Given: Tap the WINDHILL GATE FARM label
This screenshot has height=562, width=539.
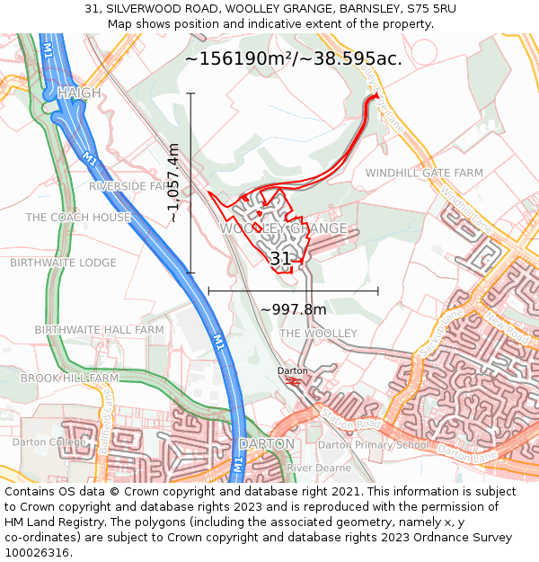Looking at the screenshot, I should pyautogui.click(x=424, y=173).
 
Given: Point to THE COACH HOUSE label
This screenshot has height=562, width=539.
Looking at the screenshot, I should pyautogui.click(x=78, y=218).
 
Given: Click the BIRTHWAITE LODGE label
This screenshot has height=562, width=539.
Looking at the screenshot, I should pyautogui.click(x=63, y=263).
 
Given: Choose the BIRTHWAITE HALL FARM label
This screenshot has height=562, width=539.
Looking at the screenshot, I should pyautogui.click(x=99, y=330).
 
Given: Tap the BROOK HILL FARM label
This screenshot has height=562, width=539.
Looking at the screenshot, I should pyautogui.click(x=70, y=378).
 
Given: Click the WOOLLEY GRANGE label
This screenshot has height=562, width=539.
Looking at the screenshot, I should pyautogui.click(x=284, y=228).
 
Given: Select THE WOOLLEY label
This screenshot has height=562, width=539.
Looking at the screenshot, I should pyautogui.click(x=318, y=334).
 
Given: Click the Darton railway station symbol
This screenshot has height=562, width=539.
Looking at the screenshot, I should pyautogui.click(x=292, y=381).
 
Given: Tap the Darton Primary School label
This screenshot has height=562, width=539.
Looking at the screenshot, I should pyautogui.click(x=374, y=444).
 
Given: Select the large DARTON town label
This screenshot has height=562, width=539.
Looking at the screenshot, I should pyautogui.click(x=267, y=444).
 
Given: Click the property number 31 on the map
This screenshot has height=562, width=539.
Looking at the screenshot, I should pyautogui.click(x=280, y=259).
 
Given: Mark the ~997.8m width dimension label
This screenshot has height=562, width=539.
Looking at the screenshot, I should pyautogui.click(x=294, y=309).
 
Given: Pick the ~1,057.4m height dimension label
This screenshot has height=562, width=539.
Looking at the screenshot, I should pyautogui.click(x=174, y=183).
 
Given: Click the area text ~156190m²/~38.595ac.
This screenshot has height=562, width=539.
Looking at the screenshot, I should pyautogui.click(x=293, y=59).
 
